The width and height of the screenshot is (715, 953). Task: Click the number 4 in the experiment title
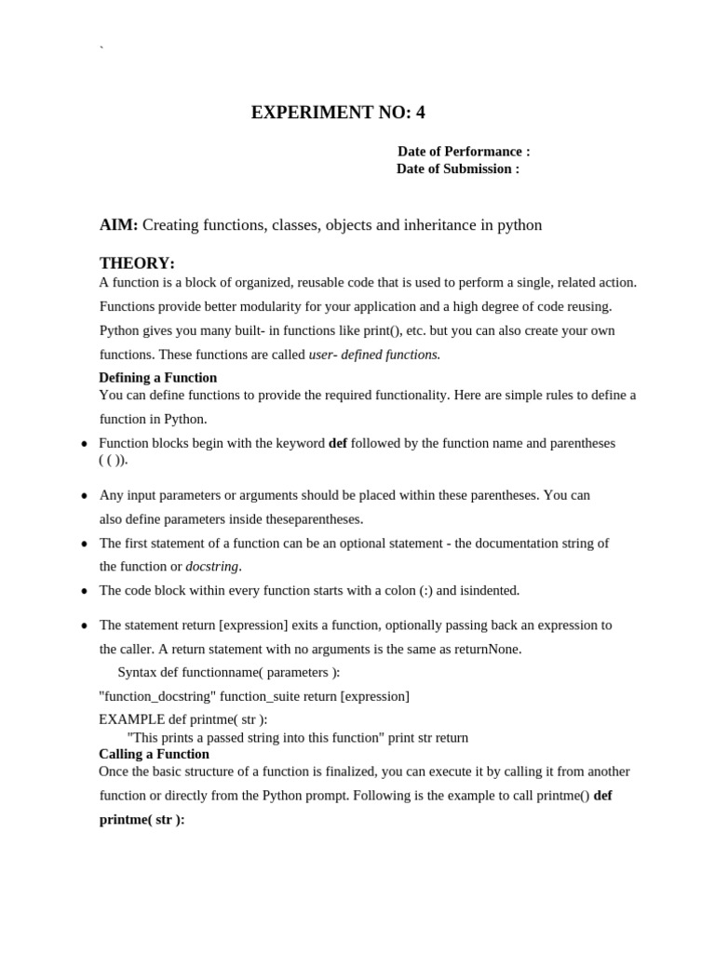coord(420,113)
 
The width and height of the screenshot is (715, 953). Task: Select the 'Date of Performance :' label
coord(464,151)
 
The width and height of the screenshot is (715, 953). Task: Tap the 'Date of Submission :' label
coord(457,168)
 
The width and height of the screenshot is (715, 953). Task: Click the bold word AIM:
coord(118,225)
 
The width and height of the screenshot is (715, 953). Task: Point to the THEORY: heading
coord(137,263)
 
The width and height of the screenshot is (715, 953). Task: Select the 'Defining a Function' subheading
coord(157,377)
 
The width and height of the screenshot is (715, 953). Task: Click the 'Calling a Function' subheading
coord(154,754)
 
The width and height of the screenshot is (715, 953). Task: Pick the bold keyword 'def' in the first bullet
coord(338,443)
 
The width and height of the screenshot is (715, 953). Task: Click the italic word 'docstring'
coord(212,566)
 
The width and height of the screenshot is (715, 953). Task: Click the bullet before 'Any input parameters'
coord(84,496)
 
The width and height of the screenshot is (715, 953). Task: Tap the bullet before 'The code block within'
coord(84,591)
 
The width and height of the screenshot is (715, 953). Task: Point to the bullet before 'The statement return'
coord(84,625)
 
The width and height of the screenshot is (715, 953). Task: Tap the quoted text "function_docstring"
coord(157,696)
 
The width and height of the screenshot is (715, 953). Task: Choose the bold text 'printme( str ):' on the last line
coord(142,820)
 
